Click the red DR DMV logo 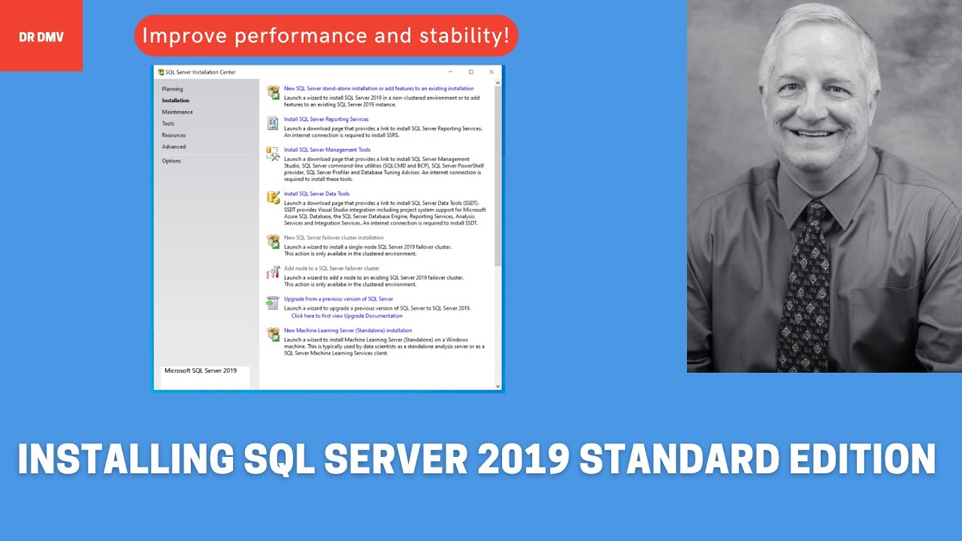[41, 36]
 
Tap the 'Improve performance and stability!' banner [325, 35]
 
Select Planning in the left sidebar [172, 89]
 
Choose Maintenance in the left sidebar [177, 112]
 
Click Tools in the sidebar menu [168, 123]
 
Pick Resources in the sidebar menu [174, 135]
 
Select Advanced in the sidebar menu [174, 147]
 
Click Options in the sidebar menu [171, 161]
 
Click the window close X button [492, 72]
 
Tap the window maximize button [471, 72]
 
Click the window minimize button [451, 72]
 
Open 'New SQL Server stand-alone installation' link [379, 89]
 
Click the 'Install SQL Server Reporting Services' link [326, 119]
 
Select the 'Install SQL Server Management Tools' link [327, 150]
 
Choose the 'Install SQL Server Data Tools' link [316, 194]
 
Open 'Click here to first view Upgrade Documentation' [346, 316]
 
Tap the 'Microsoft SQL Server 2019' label [201, 370]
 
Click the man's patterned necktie [805, 286]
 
